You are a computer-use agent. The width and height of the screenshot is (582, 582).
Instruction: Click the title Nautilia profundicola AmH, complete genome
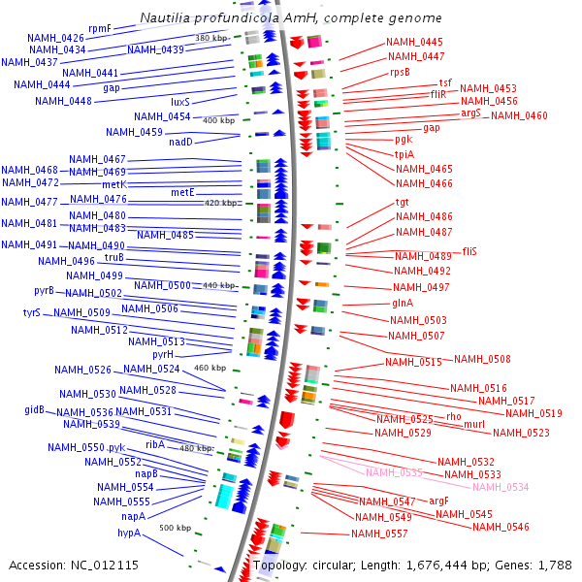tap(291, 18)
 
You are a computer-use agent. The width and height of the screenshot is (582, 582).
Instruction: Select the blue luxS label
tap(180, 102)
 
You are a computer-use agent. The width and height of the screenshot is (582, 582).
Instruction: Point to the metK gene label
tap(114, 184)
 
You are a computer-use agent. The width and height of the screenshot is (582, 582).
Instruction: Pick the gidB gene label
tap(35, 410)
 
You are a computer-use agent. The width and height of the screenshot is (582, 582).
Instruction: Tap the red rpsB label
tap(400, 72)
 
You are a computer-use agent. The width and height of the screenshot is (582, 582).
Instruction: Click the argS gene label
tap(470, 113)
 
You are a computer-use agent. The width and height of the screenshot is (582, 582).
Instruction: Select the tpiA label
tap(404, 154)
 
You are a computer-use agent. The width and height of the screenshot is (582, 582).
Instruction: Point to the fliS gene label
tap(469, 250)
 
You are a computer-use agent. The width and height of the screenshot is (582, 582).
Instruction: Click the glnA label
tap(404, 304)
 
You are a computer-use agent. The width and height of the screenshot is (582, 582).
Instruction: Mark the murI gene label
tap(474, 425)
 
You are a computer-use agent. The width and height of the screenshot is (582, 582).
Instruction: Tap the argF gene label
tap(438, 501)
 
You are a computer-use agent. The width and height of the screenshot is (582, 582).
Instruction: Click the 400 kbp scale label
tap(218, 120)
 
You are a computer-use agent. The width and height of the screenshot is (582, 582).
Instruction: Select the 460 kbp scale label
tap(210, 369)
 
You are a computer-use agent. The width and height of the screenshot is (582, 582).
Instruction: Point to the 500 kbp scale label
tap(175, 528)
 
